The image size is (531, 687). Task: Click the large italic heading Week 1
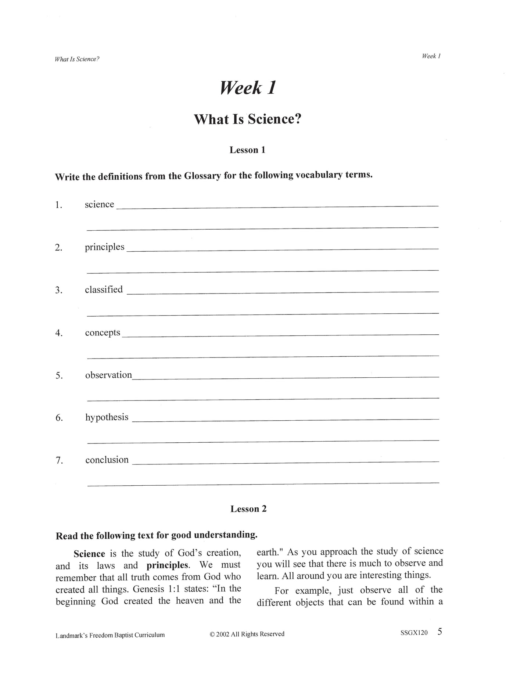point(248,88)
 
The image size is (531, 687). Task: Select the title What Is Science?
point(247,119)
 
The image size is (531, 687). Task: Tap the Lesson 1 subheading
point(247,150)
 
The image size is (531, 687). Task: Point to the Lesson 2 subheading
point(248,509)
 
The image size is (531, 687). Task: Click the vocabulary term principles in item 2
point(105,247)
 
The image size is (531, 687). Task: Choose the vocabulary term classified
point(104,289)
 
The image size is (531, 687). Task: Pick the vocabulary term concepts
point(103,332)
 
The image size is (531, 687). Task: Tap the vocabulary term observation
point(108,375)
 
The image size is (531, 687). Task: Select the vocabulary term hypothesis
point(107,417)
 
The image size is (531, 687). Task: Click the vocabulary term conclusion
point(107,460)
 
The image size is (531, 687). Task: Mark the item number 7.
point(59,461)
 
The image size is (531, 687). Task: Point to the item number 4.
point(59,333)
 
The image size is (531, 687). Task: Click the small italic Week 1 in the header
point(431,56)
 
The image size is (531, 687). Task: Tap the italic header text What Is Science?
point(77,59)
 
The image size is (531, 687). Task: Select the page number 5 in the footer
point(440,632)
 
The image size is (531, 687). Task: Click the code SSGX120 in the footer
point(414,633)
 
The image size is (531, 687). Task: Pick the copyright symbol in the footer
point(212,634)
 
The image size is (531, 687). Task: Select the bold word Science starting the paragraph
point(89,554)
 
